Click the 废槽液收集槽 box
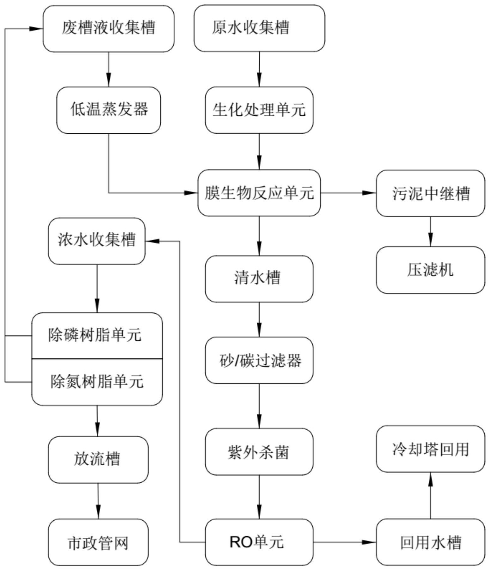108,28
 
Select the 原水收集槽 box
259,28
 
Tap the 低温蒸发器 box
108,110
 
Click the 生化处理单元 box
259,110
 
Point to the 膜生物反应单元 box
259,193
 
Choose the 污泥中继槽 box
430,193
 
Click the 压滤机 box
430,270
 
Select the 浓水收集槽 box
97,241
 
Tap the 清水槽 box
259,279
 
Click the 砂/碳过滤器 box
259,360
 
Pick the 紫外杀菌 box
259,452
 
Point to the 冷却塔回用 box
430,449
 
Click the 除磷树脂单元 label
95,335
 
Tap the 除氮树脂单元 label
97,382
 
